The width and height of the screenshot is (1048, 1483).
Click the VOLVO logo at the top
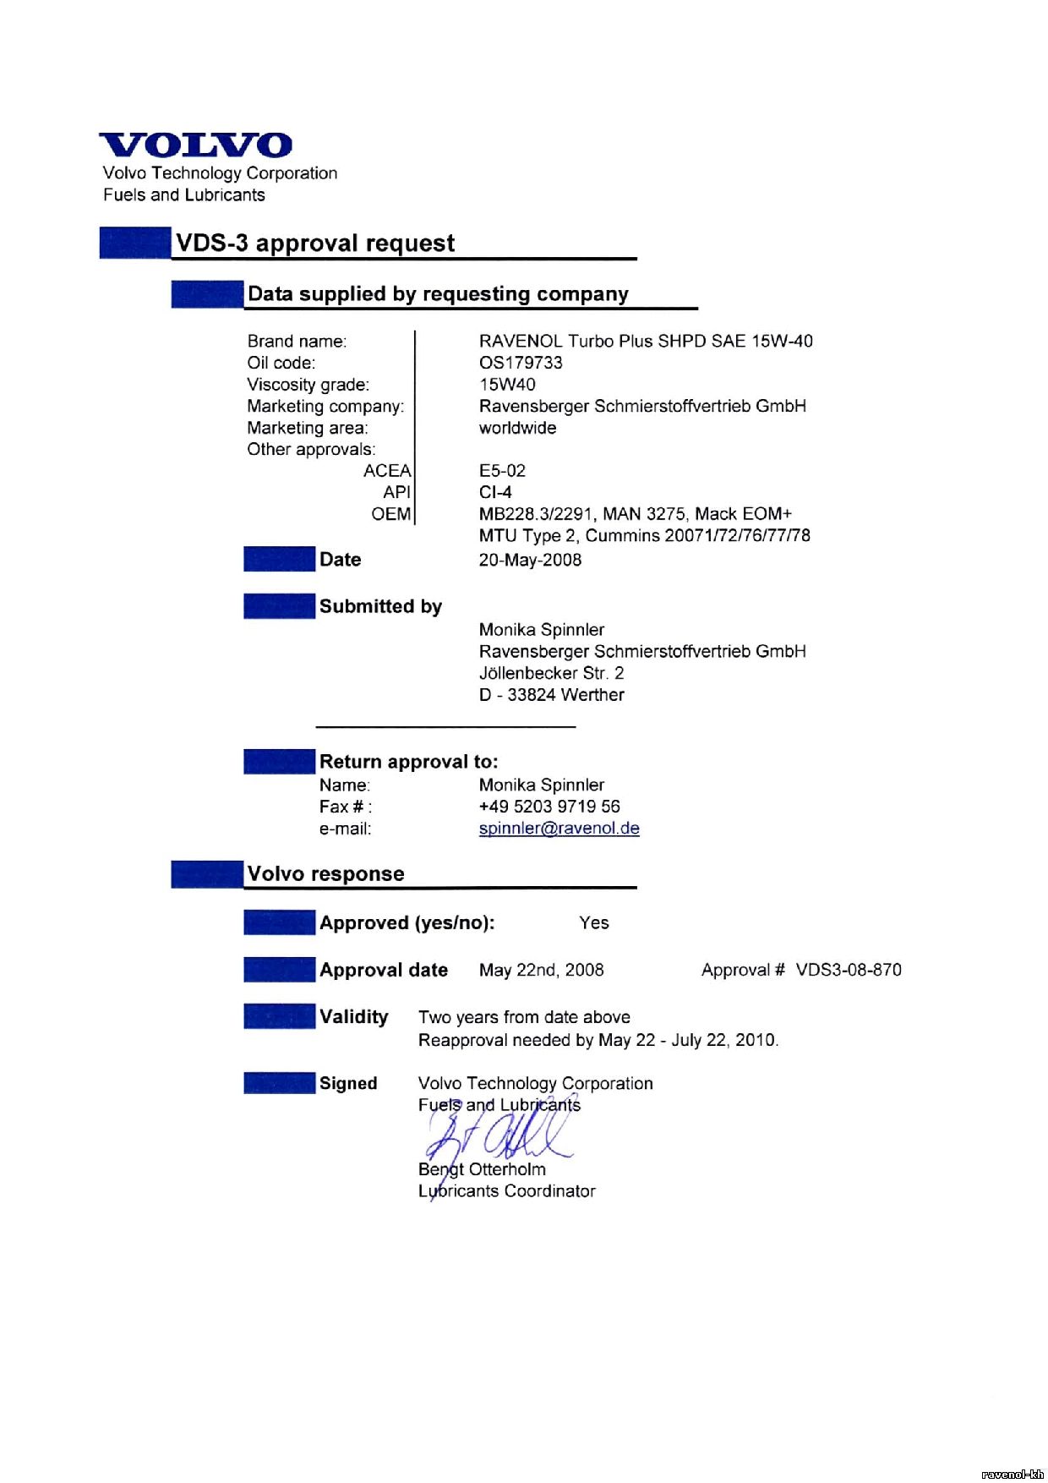(196, 145)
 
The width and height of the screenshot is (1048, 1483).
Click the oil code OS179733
(521, 363)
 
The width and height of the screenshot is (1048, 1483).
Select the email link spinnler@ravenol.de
(559, 829)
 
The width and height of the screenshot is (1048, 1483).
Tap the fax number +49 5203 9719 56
(549, 807)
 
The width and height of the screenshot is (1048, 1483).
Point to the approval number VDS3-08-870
(849, 970)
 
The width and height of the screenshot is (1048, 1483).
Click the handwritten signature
(499, 1137)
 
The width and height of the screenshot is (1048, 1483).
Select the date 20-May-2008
(530, 560)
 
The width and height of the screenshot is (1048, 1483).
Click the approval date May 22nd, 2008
(541, 970)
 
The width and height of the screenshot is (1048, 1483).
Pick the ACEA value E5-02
(502, 471)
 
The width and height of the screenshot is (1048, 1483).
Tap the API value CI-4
(495, 492)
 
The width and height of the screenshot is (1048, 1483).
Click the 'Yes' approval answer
(594, 922)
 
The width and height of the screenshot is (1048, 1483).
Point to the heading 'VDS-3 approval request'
(315, 244)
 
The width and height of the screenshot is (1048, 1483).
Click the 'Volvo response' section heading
(325, 873)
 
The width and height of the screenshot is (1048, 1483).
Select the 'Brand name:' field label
(297, 342)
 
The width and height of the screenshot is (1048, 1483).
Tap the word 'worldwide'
(517, 428)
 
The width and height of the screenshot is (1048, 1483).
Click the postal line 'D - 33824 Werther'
(551, 695)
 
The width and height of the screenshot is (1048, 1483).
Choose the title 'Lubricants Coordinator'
(507, 1191)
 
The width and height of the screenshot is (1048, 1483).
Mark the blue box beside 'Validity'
(279, 1016)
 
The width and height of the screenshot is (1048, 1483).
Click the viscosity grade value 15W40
(507, 385)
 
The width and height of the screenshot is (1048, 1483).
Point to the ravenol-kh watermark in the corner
(1013, 1474)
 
